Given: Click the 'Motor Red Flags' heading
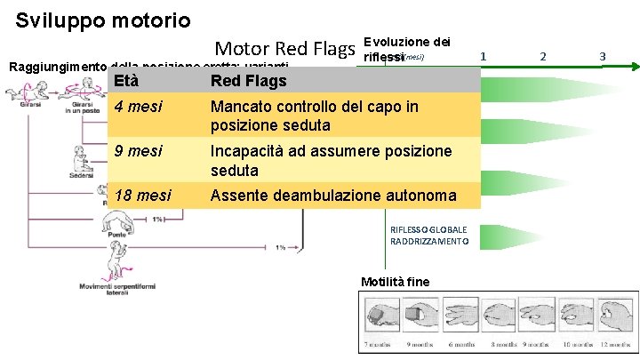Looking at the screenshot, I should (286, 49).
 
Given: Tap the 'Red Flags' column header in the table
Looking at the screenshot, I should (248, 82).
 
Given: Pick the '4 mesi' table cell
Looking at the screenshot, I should (139, 108).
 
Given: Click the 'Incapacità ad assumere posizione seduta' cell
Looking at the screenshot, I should (330, 161).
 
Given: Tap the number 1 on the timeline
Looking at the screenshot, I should (483, 56).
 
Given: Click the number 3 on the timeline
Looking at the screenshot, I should (602, 56).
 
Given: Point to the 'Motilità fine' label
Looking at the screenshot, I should (395, 282).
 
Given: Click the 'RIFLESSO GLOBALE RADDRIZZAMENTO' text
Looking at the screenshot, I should (428, 236).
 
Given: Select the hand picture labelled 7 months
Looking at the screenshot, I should (380, 317).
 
